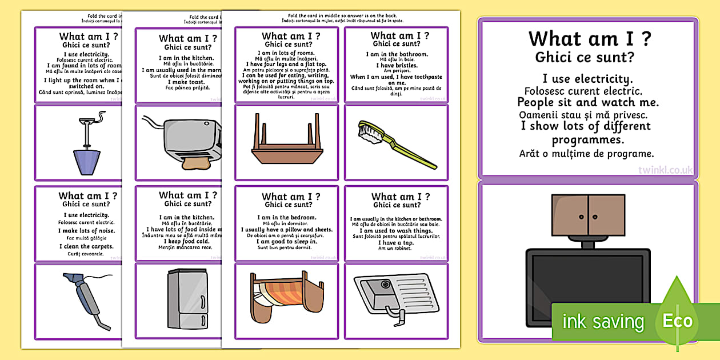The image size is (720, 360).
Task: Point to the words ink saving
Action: click(x=603, y=322)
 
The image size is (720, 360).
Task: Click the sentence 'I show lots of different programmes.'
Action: click(x=589, y=133)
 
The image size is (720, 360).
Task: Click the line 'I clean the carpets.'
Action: click(x=87, y=246)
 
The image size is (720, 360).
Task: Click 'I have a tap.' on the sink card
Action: click(x=397, y=242)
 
